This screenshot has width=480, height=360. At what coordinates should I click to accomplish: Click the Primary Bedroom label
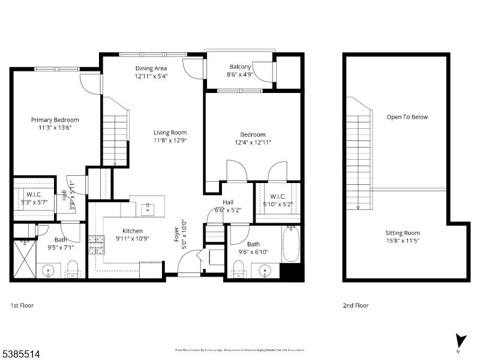coord(55,119)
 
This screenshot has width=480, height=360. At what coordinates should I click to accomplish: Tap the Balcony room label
coord(240,67)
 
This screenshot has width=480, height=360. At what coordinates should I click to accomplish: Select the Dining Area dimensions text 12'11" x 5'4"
coord(151,76)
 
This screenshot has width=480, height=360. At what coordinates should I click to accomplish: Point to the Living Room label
coord(170,133)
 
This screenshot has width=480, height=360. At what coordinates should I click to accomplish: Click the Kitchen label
coord(133,230)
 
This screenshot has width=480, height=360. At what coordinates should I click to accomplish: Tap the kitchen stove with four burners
coord(96,246)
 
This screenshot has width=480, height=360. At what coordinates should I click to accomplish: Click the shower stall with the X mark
coord(24,259)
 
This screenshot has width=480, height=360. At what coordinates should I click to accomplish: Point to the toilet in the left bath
coord(73,270)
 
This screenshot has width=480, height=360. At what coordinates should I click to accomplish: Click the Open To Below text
coord(407,117)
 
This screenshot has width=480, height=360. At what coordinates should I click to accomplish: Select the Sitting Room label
coord(403,233)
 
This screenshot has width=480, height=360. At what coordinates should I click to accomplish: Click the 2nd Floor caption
coord(355,305)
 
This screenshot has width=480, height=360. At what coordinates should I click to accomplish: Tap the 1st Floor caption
coord(22,305)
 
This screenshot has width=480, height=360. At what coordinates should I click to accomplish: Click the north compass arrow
coord(460,340)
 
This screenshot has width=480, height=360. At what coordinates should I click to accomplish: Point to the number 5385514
coord(21,354)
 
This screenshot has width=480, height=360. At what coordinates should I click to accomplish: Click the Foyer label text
coord(176,236)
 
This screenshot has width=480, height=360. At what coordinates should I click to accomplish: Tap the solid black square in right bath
coord(291,270)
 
